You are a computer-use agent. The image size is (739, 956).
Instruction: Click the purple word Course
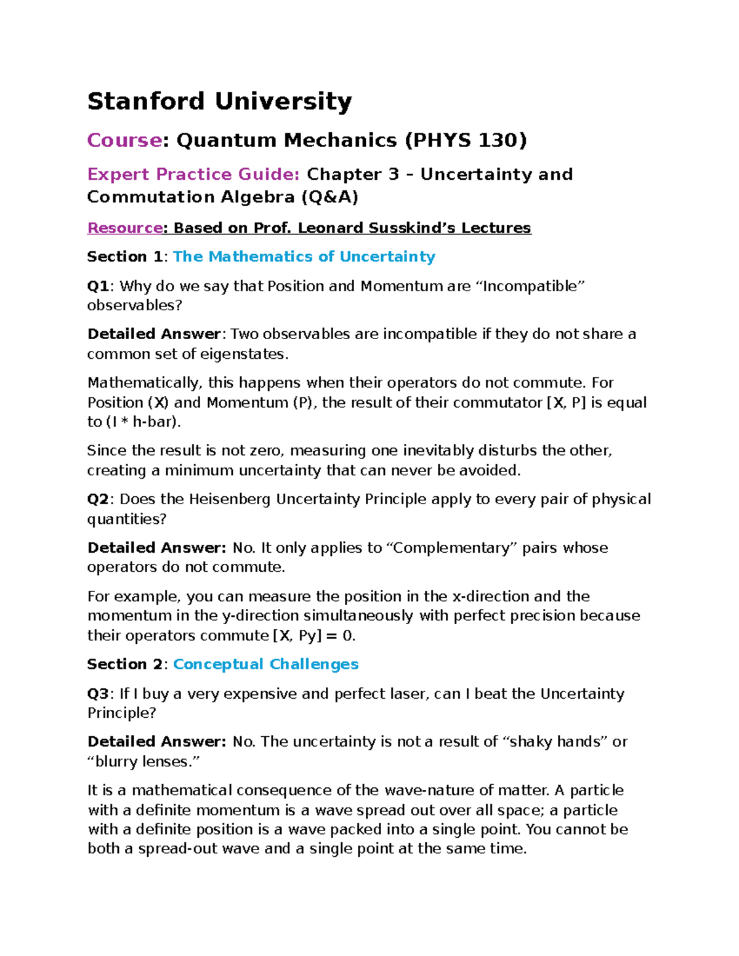tap(124, 140)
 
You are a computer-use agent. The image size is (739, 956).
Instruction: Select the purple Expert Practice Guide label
tap(193, 174)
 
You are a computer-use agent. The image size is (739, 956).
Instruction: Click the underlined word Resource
tap(125, 228)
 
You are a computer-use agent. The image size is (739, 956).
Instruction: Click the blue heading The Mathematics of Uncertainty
tap(304, 257)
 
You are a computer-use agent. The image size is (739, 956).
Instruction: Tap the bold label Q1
tap(98, 286)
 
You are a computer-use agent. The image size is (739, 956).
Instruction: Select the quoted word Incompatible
tap(530, 286)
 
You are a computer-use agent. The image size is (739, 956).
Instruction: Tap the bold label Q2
tap(98, 499)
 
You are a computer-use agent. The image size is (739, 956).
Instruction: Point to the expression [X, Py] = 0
tap(313, 636)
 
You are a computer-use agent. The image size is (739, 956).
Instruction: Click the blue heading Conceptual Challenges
tap(265, 664)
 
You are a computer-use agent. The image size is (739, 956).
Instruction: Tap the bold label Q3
tap(98, 694)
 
